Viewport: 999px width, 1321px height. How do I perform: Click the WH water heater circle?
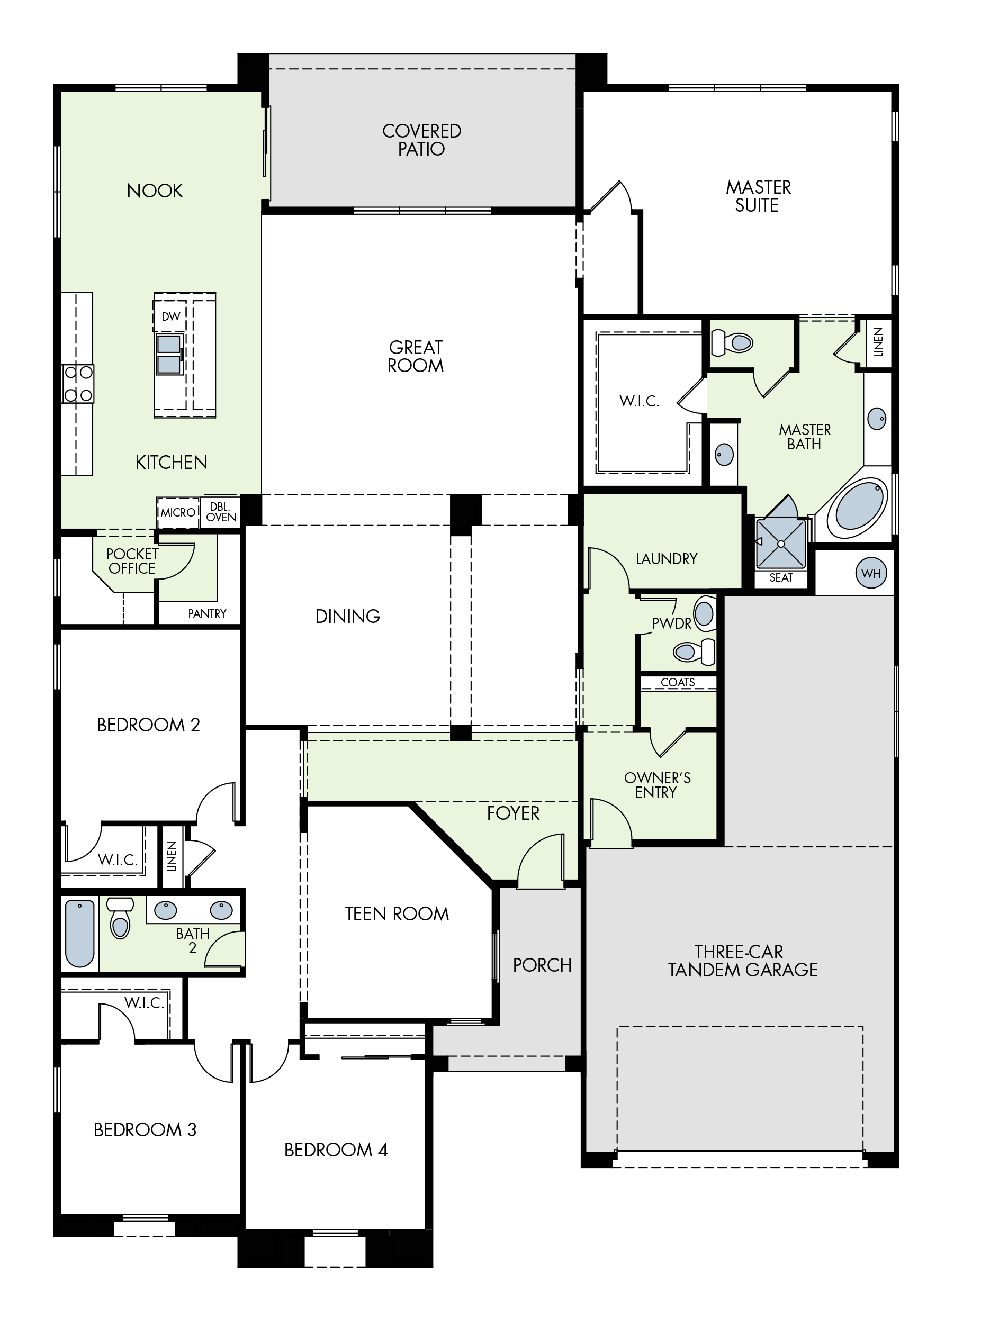870,573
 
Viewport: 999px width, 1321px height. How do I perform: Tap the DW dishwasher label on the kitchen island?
171,316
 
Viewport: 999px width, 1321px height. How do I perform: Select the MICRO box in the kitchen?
178,512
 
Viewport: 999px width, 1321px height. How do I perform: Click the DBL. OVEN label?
221,512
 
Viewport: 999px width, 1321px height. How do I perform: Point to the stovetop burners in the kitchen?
78,383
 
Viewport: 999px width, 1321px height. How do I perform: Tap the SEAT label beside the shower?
781,577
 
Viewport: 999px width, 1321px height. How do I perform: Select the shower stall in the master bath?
781,544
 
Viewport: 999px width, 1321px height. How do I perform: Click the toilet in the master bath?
733,342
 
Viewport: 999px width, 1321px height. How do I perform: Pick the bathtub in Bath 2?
80,934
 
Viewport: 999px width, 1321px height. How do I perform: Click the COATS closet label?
678,682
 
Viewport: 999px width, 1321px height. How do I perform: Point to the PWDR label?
672,623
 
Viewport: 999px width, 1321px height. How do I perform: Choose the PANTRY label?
206,613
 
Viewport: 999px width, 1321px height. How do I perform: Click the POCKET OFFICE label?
132,562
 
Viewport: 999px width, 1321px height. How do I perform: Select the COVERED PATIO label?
422,140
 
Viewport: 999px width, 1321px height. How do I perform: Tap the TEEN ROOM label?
397,913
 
